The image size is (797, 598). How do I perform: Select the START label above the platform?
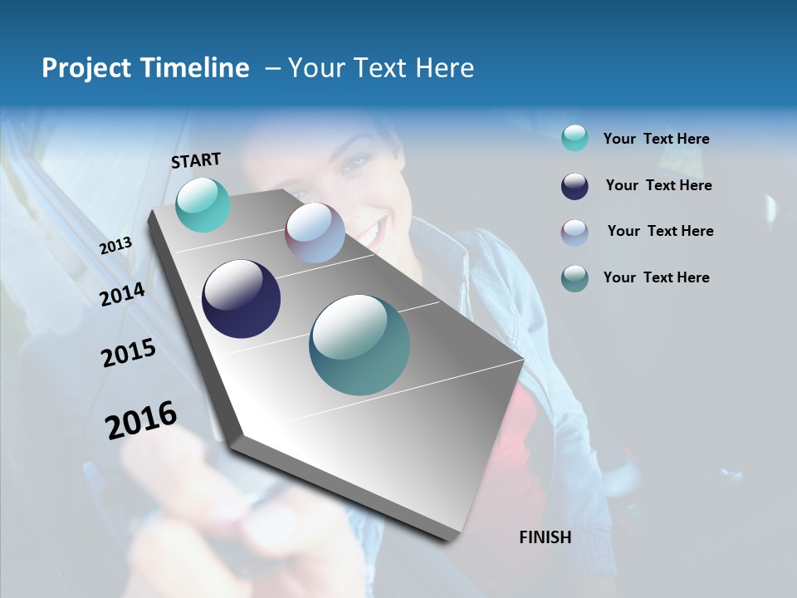196,160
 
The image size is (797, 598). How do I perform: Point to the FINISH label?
545,537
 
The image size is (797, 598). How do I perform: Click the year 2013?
115,246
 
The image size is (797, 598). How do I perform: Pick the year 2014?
123,294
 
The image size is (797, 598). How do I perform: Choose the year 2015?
129,353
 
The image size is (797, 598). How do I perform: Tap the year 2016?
141,420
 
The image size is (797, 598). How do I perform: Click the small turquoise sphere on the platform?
203,204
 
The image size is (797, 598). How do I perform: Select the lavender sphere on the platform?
315,233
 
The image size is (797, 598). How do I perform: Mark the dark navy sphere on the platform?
242,299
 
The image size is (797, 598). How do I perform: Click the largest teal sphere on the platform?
359,345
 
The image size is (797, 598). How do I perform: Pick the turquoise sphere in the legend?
575,138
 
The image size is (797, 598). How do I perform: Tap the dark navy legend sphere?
575,186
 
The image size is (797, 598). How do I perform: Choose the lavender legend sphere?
575,233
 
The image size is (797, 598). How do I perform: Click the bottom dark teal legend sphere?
575,278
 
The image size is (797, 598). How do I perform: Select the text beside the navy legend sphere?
658,185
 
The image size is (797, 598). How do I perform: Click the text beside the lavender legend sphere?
660,231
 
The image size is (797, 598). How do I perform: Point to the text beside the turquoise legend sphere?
656,139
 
